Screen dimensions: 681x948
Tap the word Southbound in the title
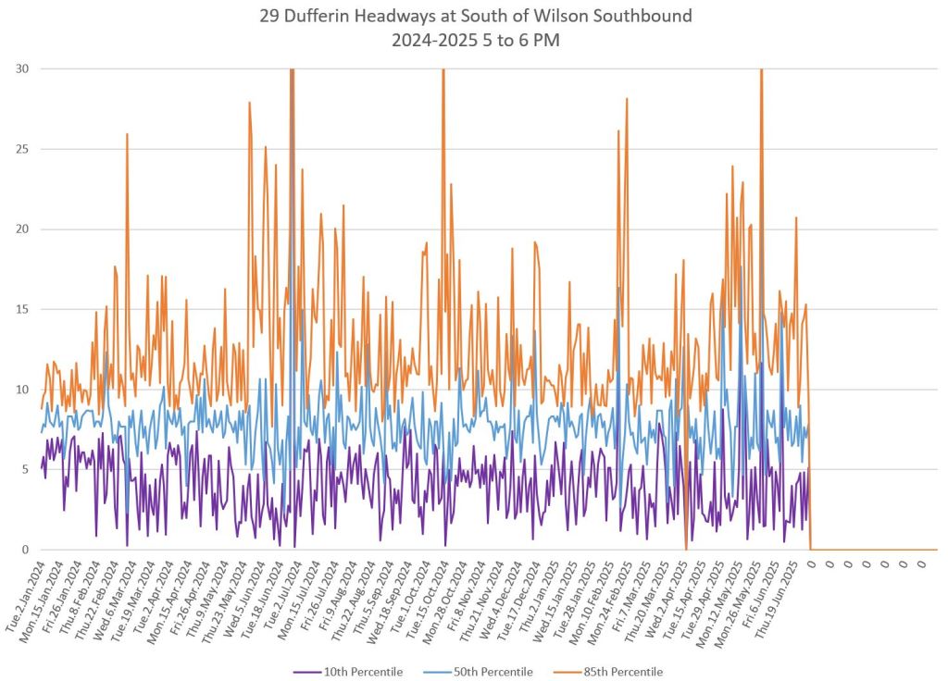[646, 16]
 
